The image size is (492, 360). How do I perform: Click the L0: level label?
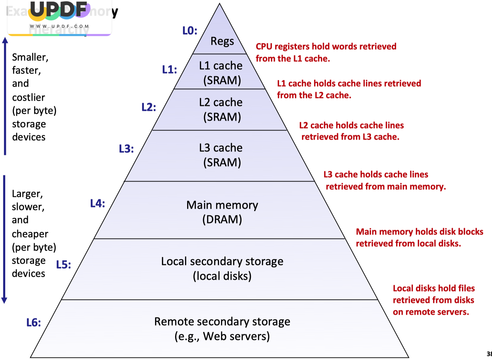[x=190, y=31]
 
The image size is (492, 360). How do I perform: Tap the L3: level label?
[x=126, y=149]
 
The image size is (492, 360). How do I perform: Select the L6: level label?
[x=34, y=323]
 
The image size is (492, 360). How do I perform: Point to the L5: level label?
[x=63, y=264]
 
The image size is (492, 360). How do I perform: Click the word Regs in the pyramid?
[x=222, y=41]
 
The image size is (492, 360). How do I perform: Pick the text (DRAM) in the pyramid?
[x=222, y=219]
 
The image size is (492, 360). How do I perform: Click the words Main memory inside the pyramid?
[x=222, y=205]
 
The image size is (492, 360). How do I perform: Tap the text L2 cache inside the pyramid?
[x=221, y=102]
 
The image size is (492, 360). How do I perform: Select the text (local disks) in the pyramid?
[x=222, y=276]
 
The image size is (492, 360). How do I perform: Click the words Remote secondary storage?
[x=222, y=322]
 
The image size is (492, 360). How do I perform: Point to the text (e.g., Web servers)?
[x=222, y=336]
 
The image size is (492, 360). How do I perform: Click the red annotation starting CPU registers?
[x=326, y=46]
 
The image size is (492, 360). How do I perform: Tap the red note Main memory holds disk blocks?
[x=419, y=232]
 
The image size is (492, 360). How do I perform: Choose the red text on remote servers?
[x=431, y=312]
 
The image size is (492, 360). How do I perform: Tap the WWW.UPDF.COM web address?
[x=60, y=26]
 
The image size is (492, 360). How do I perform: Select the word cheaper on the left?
[x=30, y=234]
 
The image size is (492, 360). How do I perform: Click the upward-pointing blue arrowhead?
[x=5, y=40]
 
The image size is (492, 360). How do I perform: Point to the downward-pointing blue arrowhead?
[x=4, y=300]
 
